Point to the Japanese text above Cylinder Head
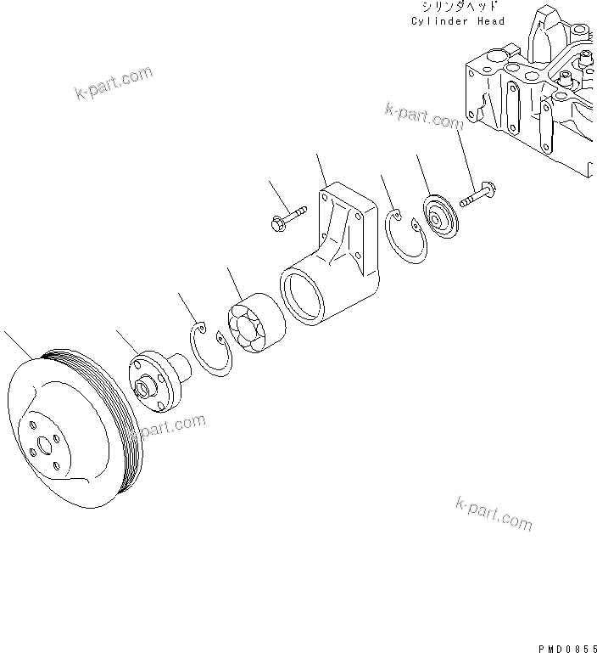(458, 7)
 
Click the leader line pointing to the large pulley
(17, 343)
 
